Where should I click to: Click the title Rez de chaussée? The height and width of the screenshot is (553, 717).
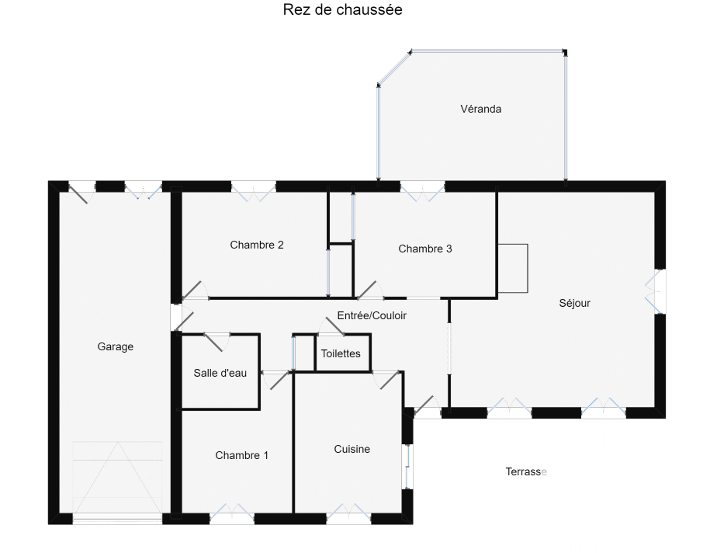click(x=342, y=9)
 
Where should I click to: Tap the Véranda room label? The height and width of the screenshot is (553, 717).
click(x=480, y=109)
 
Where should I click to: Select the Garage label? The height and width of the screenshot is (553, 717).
click(x=115, y=346)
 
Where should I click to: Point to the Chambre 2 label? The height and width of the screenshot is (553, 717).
click(x=257, y=245)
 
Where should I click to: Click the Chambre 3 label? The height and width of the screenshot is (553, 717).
click(x=424, y=249)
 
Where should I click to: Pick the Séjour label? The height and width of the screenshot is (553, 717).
click(x=574, y=303)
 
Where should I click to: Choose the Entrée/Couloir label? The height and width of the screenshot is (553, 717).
click(x=372, y=315)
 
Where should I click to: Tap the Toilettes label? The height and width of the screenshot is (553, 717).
click(x=341, y=353)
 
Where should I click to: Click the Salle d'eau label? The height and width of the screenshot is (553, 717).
click(x=220, y=373)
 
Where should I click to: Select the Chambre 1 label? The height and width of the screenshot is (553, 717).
click(x=241, y=455)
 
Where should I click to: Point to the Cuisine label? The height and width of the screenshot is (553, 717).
click(x=352, y=449)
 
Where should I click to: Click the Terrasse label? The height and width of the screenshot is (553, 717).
click(x=526, y=472)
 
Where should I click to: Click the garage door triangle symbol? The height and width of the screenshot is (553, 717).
click(x=117, y=477)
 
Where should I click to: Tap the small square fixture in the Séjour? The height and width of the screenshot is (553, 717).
click(x=513, y=268)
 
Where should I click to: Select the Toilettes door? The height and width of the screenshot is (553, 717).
click(x=332, y=326)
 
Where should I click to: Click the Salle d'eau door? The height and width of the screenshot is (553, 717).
click(x=214, y=342)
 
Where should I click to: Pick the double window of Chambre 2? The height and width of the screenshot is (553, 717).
click(x=253, y=192)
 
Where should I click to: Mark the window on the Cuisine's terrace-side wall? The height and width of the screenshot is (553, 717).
click(x=408, y=467)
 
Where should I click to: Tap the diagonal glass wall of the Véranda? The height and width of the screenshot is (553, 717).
click(x=393, y=68)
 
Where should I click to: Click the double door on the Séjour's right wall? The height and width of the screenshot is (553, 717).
click(x=655, y=291)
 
